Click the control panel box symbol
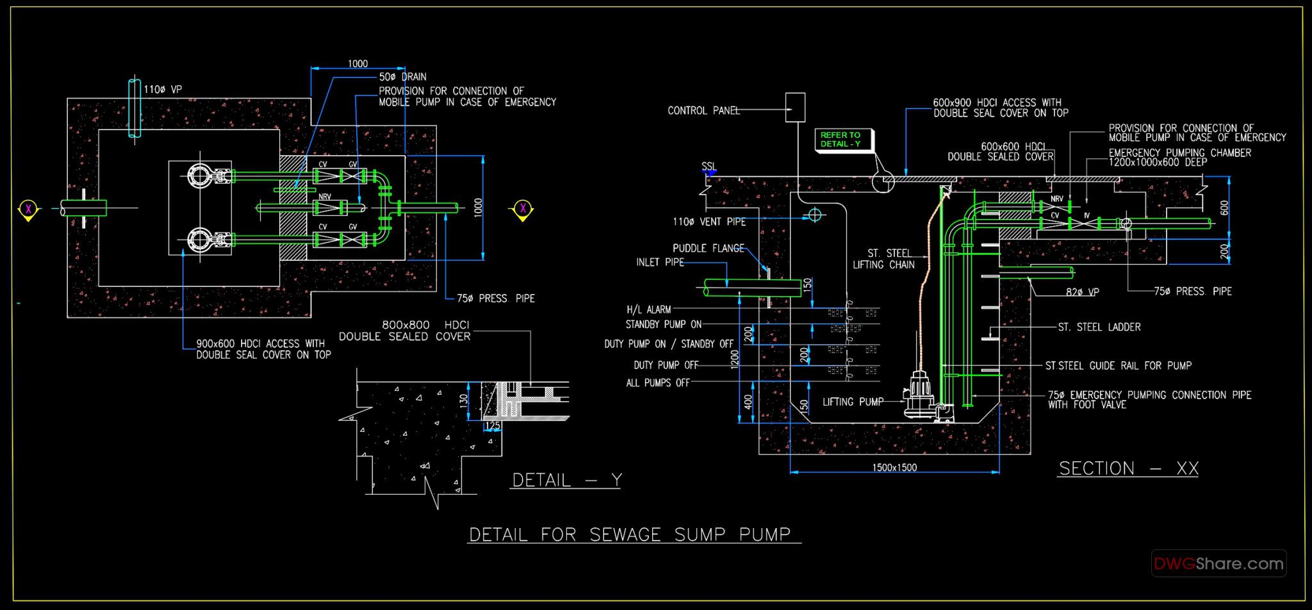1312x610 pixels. click(x=795, y=107)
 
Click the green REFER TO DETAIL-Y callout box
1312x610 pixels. click(x=841, y=140)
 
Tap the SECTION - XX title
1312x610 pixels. click(x=1128, y=468)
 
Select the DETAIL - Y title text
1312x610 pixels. click(x=566, y=480)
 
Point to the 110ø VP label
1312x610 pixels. click(x=162, y=90)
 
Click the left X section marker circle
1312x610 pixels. click(x=28, y=208)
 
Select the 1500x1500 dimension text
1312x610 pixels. click(x=894, y=467)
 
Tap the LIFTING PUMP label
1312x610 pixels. click(x=853, y=402)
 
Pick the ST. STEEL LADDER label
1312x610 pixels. click(x=1099, y=327)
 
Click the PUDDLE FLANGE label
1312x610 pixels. click(x=708, y=248)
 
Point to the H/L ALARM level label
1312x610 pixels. click(x=648, y=309)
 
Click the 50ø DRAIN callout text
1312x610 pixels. click(x=402, y=77)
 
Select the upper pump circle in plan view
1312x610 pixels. click(x=199, y=175)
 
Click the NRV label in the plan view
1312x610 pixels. click(x=325, y=197)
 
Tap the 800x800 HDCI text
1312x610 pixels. click(x=425, y=325)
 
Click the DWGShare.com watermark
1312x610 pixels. click(x=1218, y=564)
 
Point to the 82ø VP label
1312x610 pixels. click(x=1082, y=292)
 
